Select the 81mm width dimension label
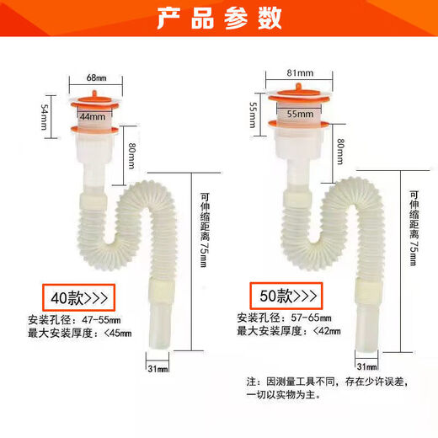(296, 72)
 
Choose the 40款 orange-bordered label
(78, 297)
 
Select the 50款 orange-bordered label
(284, 296)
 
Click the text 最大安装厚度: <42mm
(289, 331)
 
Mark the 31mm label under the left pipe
(158, 368)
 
